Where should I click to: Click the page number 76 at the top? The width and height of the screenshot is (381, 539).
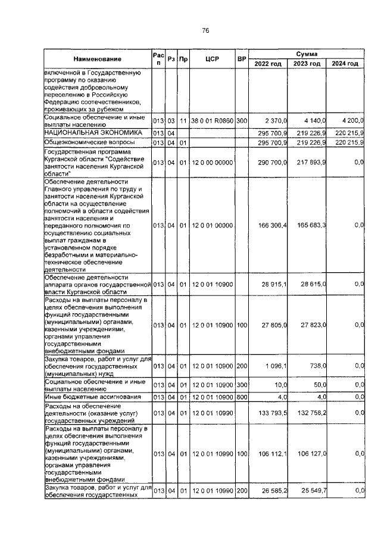point(205,30)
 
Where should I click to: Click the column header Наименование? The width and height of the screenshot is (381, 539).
point(97,59)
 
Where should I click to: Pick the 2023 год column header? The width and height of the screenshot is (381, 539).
point(308,64)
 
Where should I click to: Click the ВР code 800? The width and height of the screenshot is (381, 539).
point(242,397)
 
